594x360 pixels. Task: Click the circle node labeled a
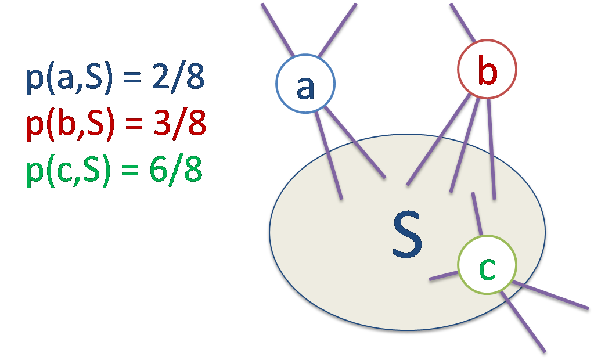pos(305,84)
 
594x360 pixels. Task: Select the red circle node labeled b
pos(487,69)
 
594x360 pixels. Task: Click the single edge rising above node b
pos(463,22)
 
